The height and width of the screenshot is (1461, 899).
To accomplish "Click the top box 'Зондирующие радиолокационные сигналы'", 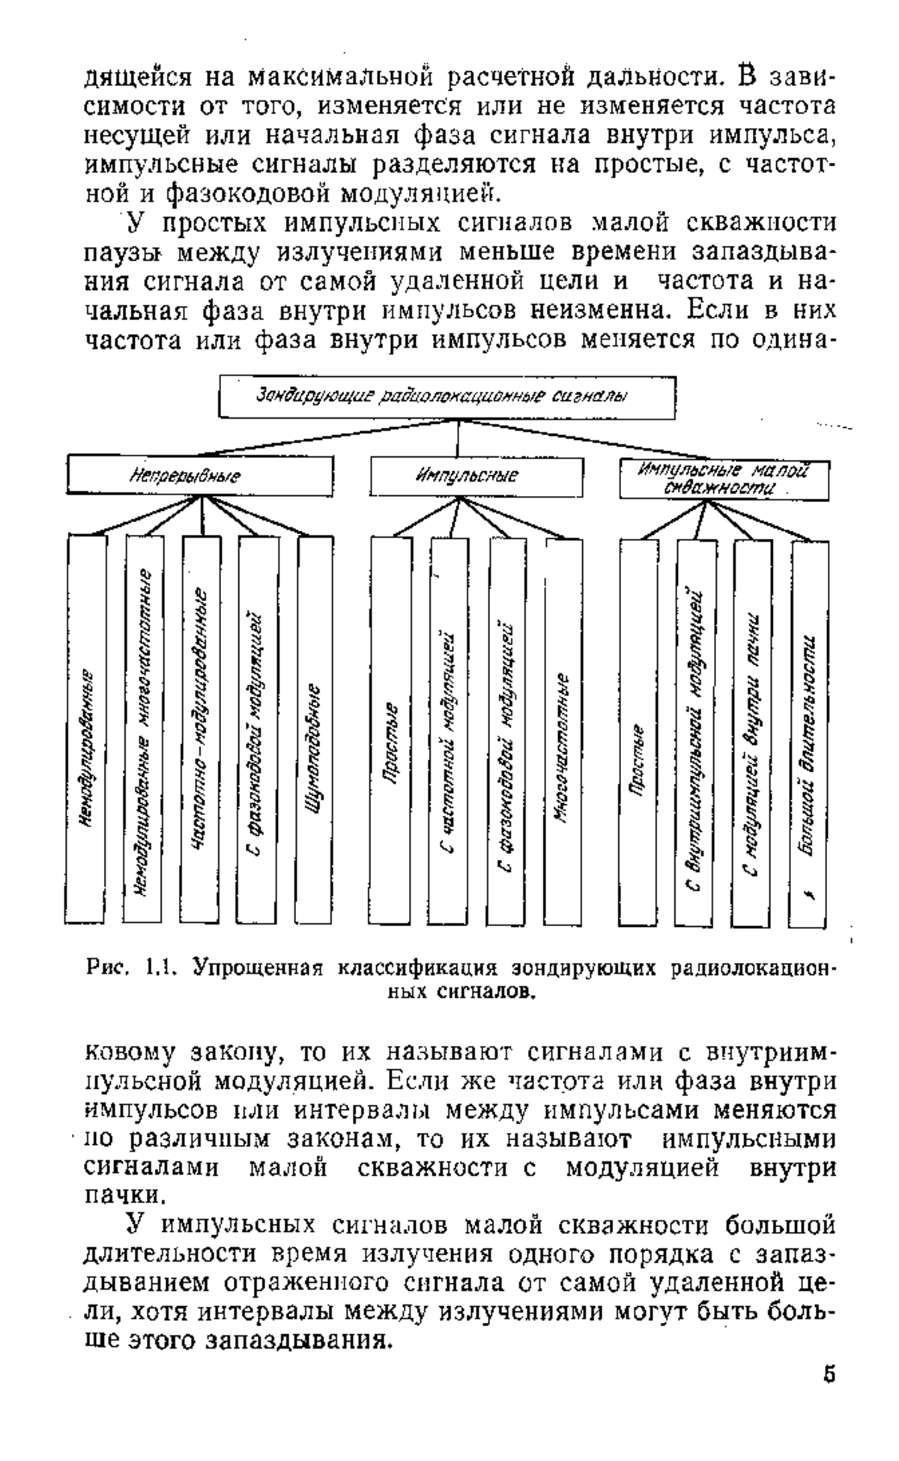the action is pos(447,396).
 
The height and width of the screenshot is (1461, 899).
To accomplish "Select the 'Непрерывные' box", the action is pos(200,475).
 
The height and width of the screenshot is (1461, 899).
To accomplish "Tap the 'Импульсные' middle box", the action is pos(476,476).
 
